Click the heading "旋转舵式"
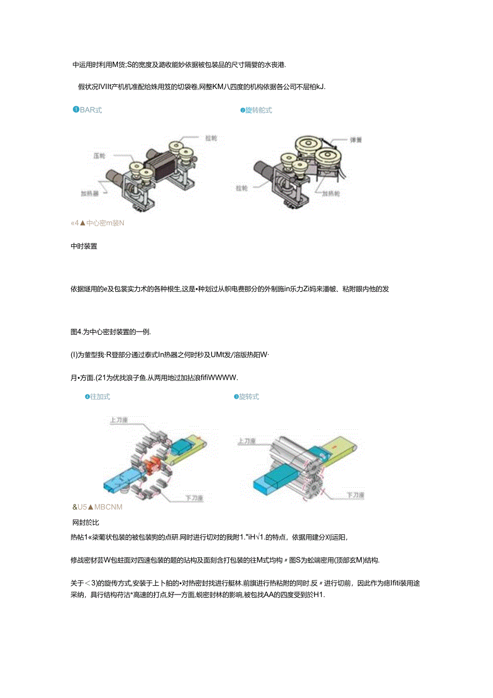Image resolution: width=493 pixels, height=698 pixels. tap(258, 110)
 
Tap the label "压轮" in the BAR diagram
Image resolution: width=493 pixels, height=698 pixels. tap(99, 156)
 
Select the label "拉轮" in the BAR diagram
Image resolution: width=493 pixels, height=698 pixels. tap(211, 138)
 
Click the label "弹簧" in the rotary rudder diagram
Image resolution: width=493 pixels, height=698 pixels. tap(356, 139)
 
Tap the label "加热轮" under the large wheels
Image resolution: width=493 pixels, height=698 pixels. tap(330, 194)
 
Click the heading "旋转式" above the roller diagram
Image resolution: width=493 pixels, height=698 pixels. tap(249, 396)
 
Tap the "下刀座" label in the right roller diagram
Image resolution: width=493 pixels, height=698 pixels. tap(355, 495)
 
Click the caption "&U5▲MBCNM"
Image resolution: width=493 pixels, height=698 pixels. tap(98, 507)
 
